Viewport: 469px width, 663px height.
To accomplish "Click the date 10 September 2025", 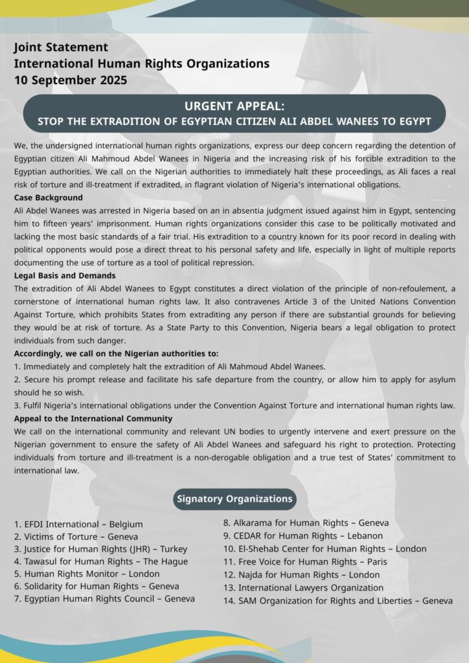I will click(71, 80).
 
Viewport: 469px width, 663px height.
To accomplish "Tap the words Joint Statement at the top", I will click(61, 47).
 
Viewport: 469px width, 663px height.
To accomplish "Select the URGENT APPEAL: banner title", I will click(234, 106).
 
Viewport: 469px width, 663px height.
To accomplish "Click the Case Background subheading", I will click(49, 197).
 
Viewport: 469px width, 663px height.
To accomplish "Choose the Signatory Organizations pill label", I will click(234, 499).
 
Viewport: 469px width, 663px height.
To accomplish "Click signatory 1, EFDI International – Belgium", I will click(78, 524).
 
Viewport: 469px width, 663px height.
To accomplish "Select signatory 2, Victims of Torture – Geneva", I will click(76, 536).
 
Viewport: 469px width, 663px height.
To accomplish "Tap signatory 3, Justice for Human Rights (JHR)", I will click(100, 548).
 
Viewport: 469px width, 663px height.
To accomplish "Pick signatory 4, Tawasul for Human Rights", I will click(101, 561).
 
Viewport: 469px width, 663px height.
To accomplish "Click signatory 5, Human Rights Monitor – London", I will click(86, 573).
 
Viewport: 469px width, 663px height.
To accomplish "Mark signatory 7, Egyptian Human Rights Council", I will click(104, 598).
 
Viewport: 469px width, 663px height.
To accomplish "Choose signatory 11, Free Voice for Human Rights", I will click(304, 561).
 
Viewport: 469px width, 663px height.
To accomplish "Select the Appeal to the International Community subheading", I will click(93, 418).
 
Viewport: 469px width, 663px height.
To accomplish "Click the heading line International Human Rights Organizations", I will click(141, 63).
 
